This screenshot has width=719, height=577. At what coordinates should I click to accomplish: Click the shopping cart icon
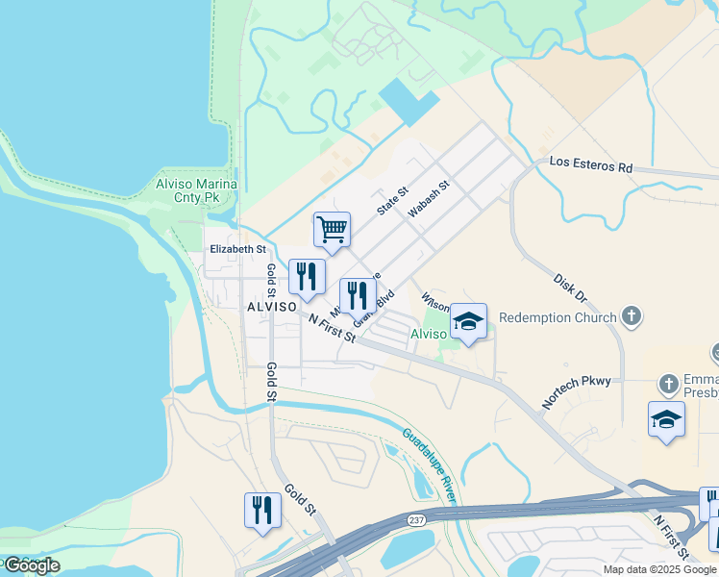(x=332, y=230)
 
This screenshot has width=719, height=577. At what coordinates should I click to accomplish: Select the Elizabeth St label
(x=237, y=249)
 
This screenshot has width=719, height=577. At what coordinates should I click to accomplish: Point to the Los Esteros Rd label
(x=591, y=164)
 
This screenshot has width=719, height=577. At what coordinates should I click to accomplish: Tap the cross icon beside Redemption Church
(x=631, y=315)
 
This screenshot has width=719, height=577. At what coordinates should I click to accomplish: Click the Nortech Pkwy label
(x=576, y=391)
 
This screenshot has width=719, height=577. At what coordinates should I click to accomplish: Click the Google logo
(x=32, y=565)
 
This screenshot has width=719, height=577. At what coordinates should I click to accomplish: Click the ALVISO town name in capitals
(x=270, y=306)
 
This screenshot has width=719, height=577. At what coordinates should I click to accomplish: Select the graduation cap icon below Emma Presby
(x=666, y=419)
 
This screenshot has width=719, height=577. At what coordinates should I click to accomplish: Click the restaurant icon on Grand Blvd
(x=358, y=296)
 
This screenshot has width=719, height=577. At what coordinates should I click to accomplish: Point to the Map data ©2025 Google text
(x=660, y=569)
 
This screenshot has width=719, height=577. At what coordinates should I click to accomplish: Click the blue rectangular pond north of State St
(x=409, y=101)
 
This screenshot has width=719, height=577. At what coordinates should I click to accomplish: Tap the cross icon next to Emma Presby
(x=669, y=385)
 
